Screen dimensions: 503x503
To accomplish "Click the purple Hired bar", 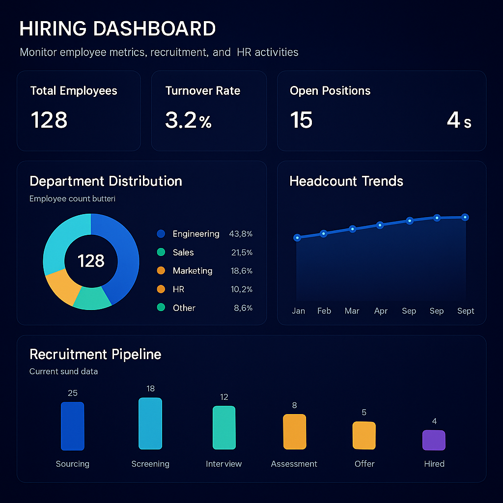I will (434, 440).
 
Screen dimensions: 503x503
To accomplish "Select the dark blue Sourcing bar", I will (72, 426).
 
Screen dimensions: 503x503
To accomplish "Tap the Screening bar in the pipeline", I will (150, 423).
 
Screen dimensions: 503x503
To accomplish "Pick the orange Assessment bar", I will (294, 432).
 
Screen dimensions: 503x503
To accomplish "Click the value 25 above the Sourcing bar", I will (73, 393).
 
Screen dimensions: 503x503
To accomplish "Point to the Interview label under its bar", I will (224, 464).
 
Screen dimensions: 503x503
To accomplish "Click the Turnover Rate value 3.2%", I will (188, 120).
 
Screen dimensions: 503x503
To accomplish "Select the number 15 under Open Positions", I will (301, 120).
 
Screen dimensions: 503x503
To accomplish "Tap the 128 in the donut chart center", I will (91, 261).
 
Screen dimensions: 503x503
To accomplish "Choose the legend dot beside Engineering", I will (161, 234).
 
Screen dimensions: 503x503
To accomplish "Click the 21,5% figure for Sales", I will (242, 252).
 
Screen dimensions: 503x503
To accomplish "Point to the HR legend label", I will (178, 289).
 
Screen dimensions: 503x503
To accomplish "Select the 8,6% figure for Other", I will (243, 308).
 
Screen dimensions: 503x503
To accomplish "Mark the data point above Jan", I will (297, 238).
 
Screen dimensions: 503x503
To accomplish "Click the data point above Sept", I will (465, 217).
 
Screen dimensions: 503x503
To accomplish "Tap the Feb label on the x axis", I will (324, 311).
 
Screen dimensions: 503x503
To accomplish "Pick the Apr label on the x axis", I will (381, 311).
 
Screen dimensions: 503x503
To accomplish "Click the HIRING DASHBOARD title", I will (117, 29).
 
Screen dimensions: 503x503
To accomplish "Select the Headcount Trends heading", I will (346, 181).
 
